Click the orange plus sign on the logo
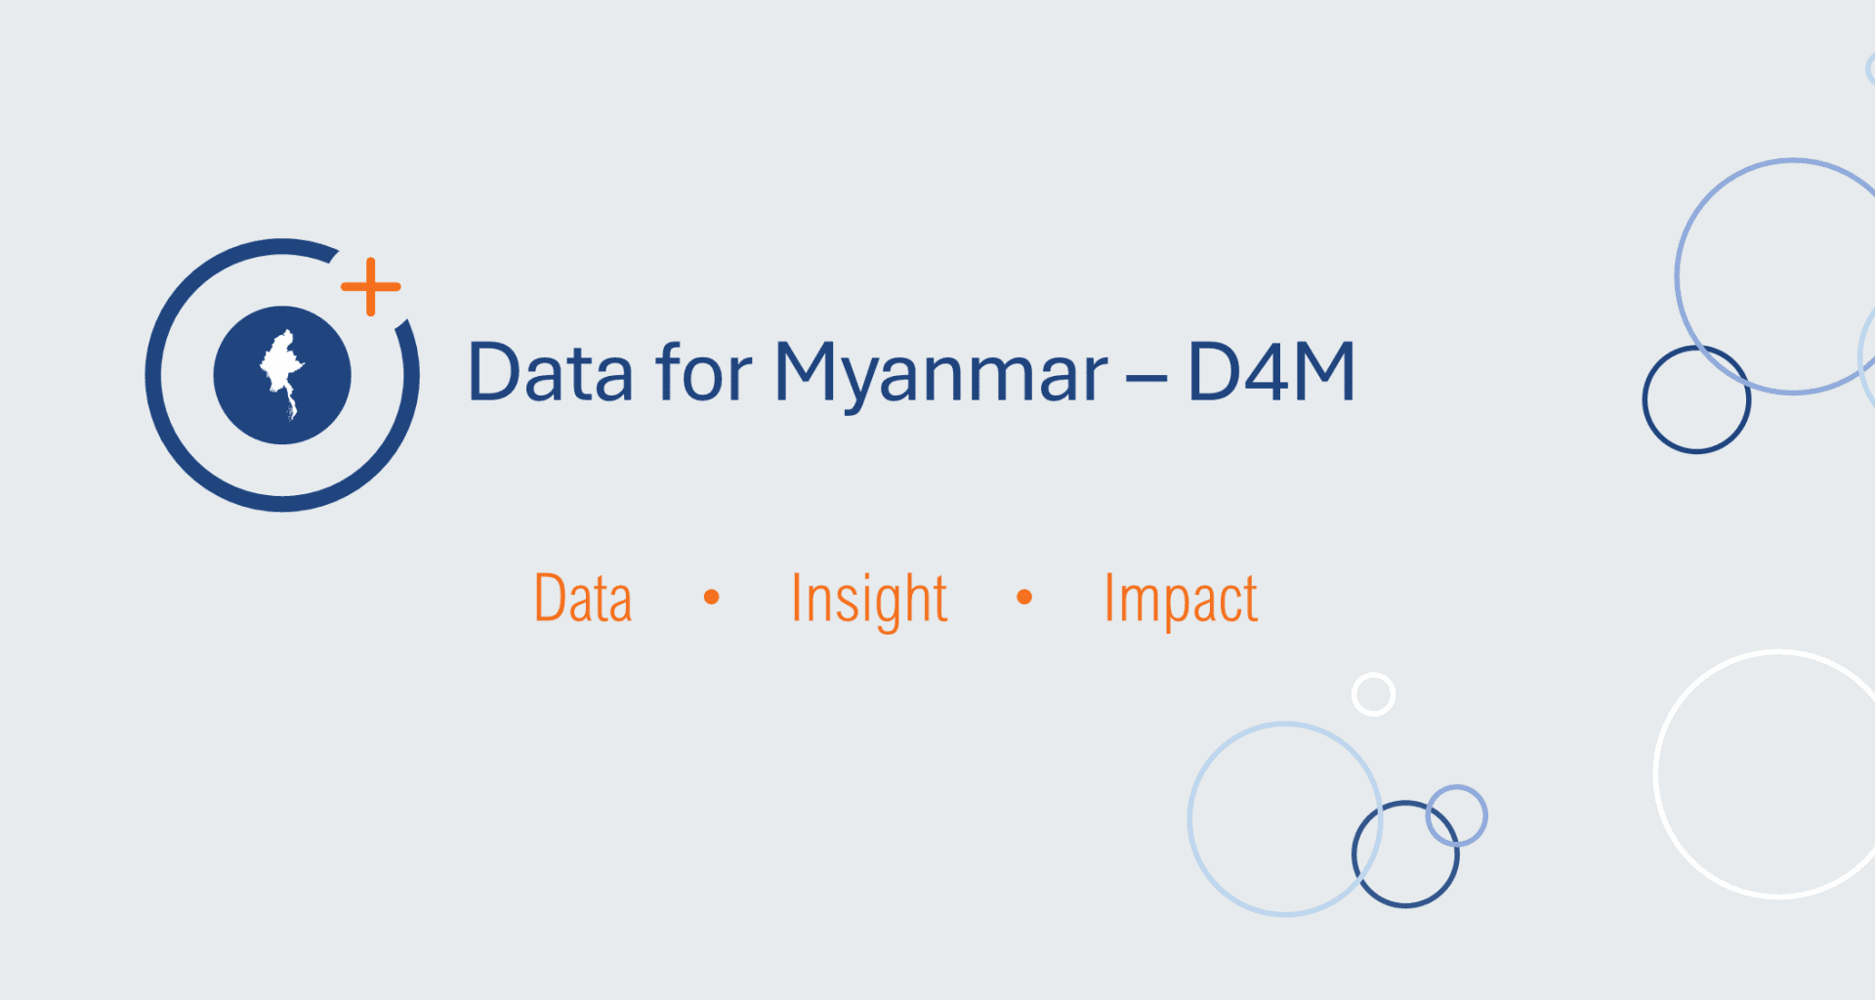pos(370,287)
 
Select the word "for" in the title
pos(704,371)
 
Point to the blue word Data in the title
pos(550,372)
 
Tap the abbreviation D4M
pos(1271,371)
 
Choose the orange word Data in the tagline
pos(583,598)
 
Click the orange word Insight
pos(869,601)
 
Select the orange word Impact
pos(1181,601)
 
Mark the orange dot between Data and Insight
pos(712,597)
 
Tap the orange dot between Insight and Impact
pos(1024,597)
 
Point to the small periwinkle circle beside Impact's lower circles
pos(1456,787)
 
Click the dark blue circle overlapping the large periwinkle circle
pos(1646,399)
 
